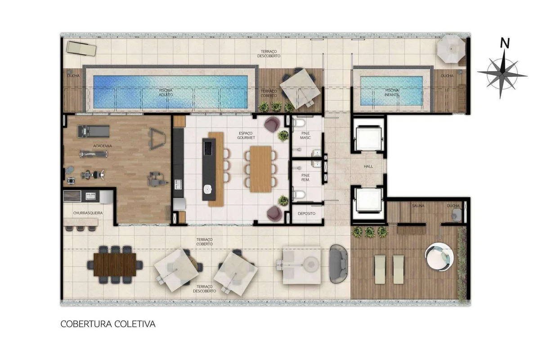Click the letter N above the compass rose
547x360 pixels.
pos(505,43)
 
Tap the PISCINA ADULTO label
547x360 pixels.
pos(166,92)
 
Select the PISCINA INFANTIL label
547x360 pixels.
pos(392,92)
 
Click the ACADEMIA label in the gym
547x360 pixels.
pos(103,146)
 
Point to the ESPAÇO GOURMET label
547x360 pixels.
pos(246,135)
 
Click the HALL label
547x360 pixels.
pos(368,166)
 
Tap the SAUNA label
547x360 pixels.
pos(418,206)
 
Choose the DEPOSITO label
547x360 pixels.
pos(306,213)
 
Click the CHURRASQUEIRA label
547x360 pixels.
pos(88,213)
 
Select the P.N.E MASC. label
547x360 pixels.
pos(305,135)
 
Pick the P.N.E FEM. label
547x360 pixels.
pos(305,178)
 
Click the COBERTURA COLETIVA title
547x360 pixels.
pos(108,324)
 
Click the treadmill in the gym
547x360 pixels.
pos(94,132)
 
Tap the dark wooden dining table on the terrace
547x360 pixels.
pos(115,265)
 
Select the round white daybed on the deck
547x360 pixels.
pos(439,257)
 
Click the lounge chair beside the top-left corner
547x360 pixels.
pos(81,48)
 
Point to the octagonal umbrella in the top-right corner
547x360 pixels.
pos(451,49)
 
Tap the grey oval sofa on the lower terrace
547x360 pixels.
pos(338,264)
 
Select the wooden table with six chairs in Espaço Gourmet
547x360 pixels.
pos(261,169)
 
